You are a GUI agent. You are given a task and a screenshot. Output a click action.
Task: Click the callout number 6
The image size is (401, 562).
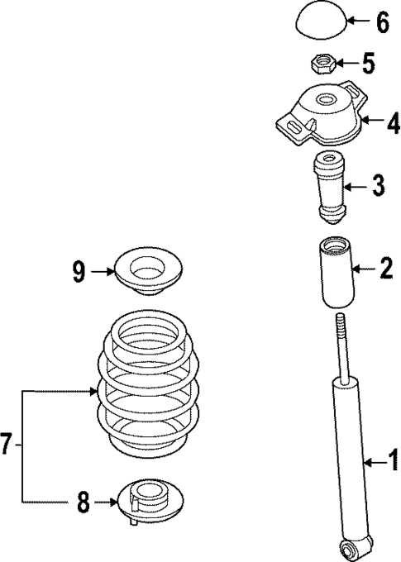tap(381, 22)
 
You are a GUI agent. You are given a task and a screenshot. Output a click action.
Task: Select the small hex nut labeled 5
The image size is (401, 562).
tap(324, 61)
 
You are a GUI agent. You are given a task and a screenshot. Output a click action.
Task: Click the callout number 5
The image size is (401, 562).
tap(370, 62)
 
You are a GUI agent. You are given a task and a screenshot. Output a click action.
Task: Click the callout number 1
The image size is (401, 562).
tap(393, 458)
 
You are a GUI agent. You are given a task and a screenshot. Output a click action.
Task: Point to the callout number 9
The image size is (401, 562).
tap(79, 270)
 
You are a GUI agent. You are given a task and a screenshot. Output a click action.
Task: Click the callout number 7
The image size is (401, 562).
tap(7, 445)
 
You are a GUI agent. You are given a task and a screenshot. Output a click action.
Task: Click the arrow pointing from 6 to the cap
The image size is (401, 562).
tap(359, 21)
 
